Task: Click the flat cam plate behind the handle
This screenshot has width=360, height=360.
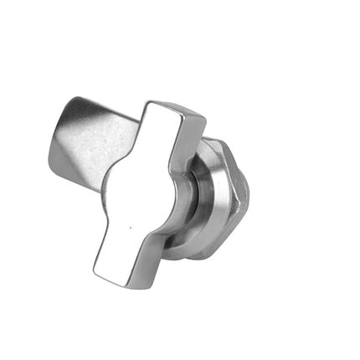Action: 92,138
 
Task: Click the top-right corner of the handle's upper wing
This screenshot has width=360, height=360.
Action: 203,118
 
